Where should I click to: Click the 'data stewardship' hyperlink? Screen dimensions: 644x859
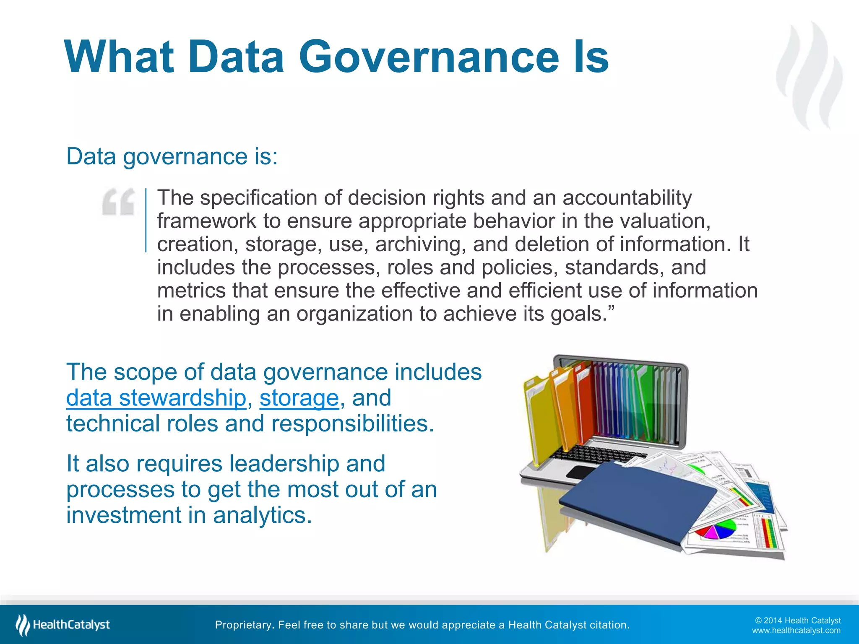(156, 397)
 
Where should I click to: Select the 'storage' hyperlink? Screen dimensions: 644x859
(299, 397)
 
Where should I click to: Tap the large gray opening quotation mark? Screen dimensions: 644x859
(119, 202)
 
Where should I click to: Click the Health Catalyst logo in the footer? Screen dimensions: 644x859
(63, 625)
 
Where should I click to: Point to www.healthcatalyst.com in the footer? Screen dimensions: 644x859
(796, 631)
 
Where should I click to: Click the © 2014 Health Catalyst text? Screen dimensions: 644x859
(798, 620)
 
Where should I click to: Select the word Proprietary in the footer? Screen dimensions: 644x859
(244, 625)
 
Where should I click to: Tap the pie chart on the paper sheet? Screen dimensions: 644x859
(715, 530)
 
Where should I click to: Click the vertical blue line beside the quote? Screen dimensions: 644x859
(146, 221)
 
